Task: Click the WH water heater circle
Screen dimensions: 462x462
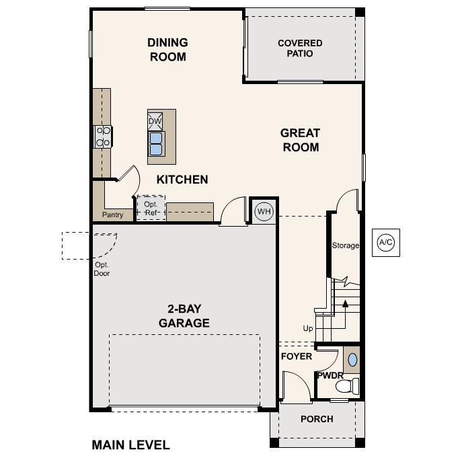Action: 264,212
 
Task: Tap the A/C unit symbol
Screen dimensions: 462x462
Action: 385,242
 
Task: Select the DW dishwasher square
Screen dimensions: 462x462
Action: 155,121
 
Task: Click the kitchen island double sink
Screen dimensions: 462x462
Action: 156,143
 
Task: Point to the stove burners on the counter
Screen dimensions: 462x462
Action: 103,137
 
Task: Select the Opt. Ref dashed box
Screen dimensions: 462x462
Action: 151,208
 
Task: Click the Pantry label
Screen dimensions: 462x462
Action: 112,215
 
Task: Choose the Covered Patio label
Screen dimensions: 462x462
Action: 300,48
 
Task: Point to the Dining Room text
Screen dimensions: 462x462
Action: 167,50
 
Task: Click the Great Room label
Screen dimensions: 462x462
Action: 300,140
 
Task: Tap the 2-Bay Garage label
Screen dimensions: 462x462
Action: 184,316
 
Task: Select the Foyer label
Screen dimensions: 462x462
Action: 297,356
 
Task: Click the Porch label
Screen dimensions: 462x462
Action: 317,419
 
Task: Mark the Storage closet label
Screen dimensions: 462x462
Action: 346,245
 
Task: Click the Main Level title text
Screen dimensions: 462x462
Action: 130,445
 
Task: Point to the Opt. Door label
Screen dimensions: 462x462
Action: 102,269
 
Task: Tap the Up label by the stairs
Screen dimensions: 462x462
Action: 308,328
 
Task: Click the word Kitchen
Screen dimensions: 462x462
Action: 182,180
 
